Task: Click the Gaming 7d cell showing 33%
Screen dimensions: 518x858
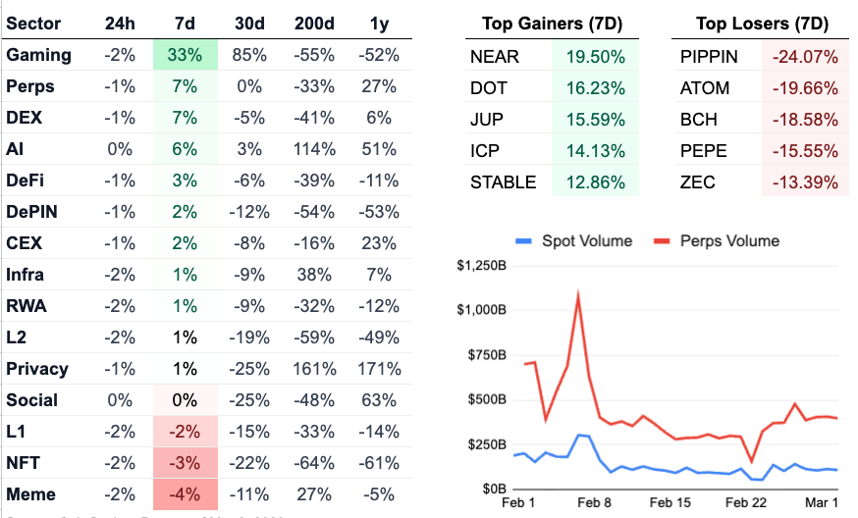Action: coord(184,55)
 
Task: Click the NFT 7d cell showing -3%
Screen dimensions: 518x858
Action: coord(184,463)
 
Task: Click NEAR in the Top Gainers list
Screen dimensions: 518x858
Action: coord(495,57)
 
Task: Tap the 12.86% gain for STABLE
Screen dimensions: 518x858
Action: coord(595,182)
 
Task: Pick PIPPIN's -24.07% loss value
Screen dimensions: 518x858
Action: coord(804,57)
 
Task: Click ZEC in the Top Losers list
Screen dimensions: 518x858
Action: coord(698,182)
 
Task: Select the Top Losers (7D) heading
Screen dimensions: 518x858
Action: coord(761,24)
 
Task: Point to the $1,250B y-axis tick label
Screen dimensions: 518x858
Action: coord(481,265)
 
